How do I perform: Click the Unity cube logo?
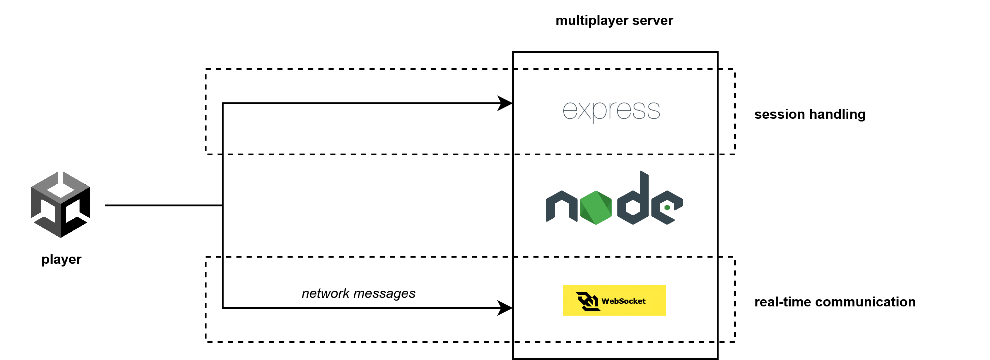click(x=61, y=204)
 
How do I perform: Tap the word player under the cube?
click(x=61, y=260)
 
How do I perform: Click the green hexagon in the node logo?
click(x=596, y=207)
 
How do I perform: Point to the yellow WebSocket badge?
click(x=614, y=300)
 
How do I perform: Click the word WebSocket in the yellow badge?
click(x=623, y=301)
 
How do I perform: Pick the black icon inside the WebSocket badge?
click(x=588, y=301)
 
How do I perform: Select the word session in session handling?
click(x=780, y=115)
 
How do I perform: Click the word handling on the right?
click(x=837, y=115)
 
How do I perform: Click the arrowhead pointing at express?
click(x=505, y=103)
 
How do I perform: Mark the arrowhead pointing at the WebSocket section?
click(x=505, y=308)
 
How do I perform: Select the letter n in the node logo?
click(x=562, y=206)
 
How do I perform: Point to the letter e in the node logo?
click(x=667, y=207)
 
